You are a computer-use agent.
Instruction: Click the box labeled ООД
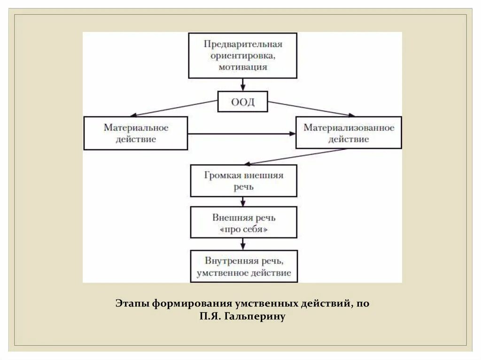pos(242,102)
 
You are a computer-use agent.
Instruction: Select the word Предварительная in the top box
pos(243,44)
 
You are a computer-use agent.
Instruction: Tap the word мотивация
pos(243,67)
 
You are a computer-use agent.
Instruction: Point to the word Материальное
pos(136,128)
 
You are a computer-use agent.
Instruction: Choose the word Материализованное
pos(349,128)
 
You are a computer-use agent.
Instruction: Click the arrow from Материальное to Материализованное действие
pos(241,134)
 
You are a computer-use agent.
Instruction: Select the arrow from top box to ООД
pos(243,84)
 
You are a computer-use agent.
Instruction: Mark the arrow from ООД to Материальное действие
pos(174,108)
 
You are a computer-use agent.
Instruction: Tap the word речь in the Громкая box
pos(243,186)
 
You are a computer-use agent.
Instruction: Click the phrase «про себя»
pos(243,230)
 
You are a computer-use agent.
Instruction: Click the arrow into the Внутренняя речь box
pos(243,244)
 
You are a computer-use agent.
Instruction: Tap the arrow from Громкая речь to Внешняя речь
pos(243,202)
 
